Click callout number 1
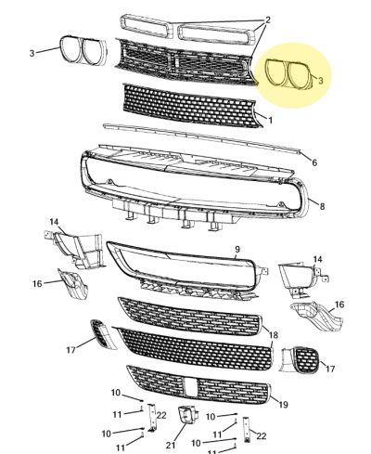pos(271,120)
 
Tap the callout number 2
pos(268,20)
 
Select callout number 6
pos(314,162)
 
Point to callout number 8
pos(322,206)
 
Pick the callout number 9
pos(237,249)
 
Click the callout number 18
pos(274,335)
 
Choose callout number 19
pos(283,404)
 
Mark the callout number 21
pos(171,445)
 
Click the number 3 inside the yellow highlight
pos(321,81)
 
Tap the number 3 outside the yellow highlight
pos(32,53)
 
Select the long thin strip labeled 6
pos(201,137)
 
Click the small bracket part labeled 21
pos(186,416)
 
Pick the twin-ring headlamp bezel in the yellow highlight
pos(289,75)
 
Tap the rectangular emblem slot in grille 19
pos(190,387)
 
